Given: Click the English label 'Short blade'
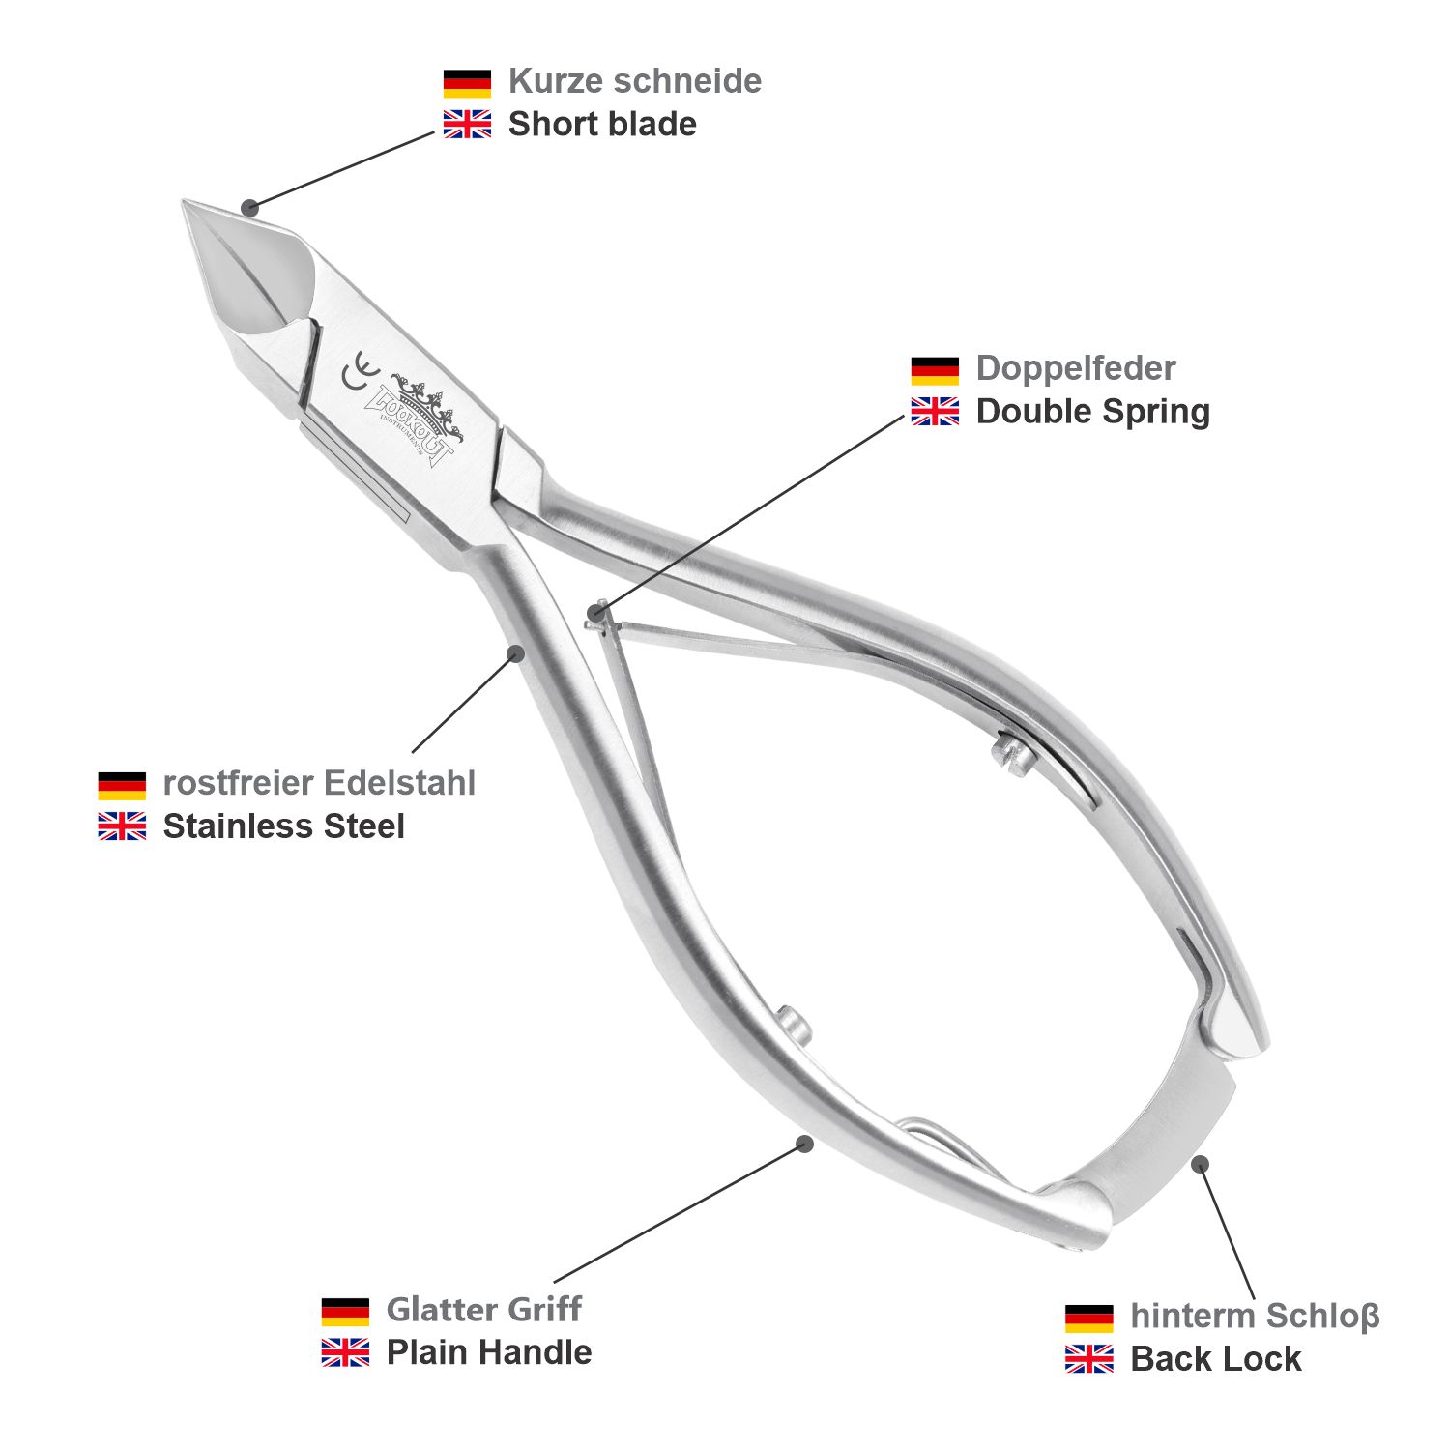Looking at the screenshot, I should point(601,125).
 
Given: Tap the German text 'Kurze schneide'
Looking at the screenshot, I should point(634,81).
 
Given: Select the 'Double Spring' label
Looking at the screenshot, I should point(1092,412).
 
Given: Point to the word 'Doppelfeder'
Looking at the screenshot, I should point(1075,368).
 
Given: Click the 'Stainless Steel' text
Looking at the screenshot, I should point(283,826).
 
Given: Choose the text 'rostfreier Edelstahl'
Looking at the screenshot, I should point(319,783).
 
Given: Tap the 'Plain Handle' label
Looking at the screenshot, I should point(488,1352).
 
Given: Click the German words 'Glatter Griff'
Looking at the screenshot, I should point(483,1310).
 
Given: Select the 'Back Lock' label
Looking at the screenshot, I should point(1215,1359).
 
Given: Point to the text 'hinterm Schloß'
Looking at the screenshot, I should point(1254,1316).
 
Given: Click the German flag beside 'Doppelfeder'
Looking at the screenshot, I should point(935,370).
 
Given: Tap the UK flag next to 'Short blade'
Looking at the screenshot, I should point(467,125).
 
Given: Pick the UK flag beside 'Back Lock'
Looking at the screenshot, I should point(1089,1359).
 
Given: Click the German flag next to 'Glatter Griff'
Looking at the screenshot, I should point(345,1311).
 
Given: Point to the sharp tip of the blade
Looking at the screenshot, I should point(186,203).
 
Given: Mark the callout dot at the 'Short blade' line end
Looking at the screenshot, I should point(250,206).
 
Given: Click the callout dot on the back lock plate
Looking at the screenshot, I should point(1200,1164).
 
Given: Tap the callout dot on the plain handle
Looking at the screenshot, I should point(803,1144).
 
